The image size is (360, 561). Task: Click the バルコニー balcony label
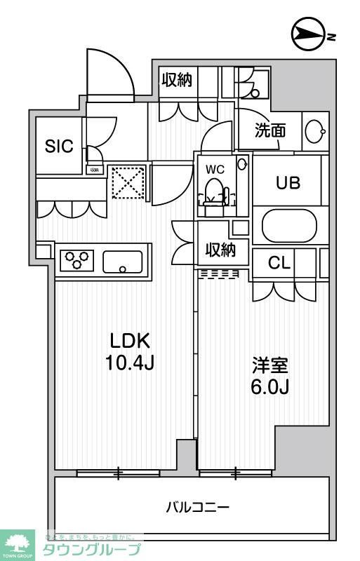(x=198, y=506)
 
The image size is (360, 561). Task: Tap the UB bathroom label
(x=288, y=183)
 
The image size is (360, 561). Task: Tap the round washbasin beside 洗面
(x=314, y=130)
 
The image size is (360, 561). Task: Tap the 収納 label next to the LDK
(x=220, y=250)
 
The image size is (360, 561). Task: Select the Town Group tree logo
(x=20, y=542)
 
